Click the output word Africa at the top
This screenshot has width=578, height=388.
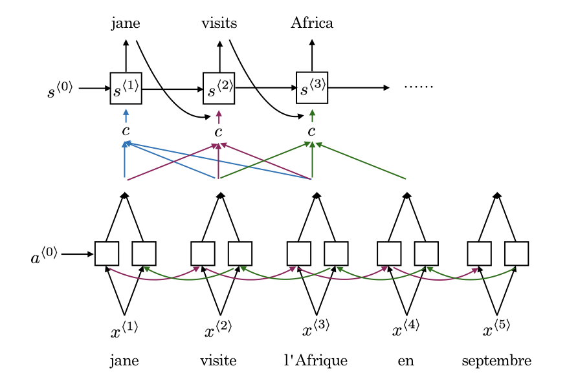pyautogui.click(x=312, y=24)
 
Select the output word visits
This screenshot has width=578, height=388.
pyautogui.click(x=219, y=24)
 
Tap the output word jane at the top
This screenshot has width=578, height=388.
pyautogui.click(x=126, y=24)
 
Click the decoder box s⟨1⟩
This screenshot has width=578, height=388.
pyautogui.click(x=126, y=88)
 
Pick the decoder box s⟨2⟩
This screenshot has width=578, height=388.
pyautogui.click(x=219, y=88)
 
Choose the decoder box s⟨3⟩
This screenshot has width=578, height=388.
pyautogui.click(x=312, y=87)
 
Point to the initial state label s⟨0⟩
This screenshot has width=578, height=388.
pyautogui.click(x=60, y=90)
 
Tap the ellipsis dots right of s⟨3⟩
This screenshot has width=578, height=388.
pyautogui.click(x=418, y=86)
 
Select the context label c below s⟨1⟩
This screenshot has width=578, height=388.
pyautogui.click(x=126, y=132)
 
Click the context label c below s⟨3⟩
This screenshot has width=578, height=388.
pyautogui.click(x=312, y=132)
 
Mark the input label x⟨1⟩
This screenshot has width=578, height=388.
pyautogui.click(x=124, y=331)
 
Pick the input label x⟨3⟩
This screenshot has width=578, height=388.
pyautogui.click(x=316, y=330)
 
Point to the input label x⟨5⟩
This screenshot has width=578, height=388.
pyautogui.click(x=496, y=330)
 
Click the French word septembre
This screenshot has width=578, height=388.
pyautogui.click(x=496, y=361)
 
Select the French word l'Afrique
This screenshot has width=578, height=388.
pyautogui.click(x=316, y=361)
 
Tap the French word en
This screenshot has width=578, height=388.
pyautogui.click(x=406, y=361)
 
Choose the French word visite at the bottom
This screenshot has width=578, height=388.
pyautogui.click(x=219, y=361)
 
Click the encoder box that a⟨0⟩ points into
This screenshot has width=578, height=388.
pyautogui.click(x=106, y=253)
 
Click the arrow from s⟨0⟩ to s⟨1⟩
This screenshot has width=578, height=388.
pyautogui.click(x=94, y=88)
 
